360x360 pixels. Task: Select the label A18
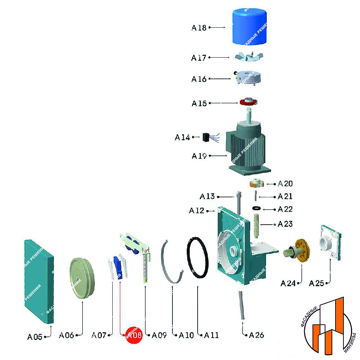click(x=199, y=28)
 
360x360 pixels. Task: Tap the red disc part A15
click(x=249, y=102)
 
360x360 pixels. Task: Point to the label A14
click(x=183, y=137)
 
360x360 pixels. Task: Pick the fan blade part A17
click(x=249, y=57)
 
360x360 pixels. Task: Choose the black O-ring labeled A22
click(x=257, y=208)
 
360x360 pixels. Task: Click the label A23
click(x=285, y=224)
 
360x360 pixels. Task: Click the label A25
click(x=317, y=283)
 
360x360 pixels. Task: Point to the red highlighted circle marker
click(x=134, y=335)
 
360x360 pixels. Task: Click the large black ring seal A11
click(x=198, y=258)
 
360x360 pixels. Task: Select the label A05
click(x=35, y=337)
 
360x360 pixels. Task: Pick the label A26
click(x=256, y=335)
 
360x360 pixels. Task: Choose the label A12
click(x=197, y=211)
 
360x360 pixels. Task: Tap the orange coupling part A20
click(x=257, y=183)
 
